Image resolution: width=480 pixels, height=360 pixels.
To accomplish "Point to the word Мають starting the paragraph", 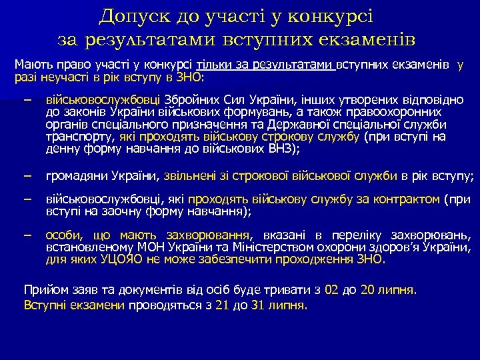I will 31,65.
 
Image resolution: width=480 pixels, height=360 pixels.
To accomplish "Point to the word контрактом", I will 409,199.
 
